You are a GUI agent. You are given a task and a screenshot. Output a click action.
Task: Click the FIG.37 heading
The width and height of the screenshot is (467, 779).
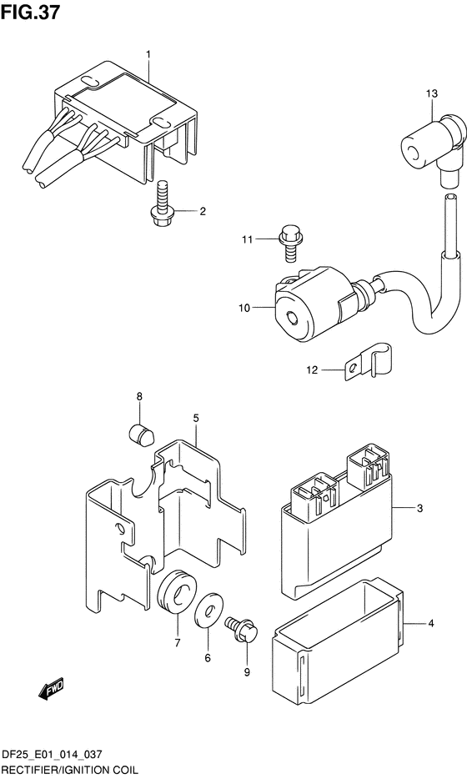click(x=30, y=12)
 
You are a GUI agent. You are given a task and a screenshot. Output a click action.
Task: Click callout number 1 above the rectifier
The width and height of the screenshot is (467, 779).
click(x=148, y=53)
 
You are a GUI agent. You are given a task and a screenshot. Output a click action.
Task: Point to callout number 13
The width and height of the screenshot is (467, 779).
click(x=431, y=93)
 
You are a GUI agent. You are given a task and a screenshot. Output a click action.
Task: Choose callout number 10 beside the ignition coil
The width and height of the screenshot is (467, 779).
click(x=244, y=308)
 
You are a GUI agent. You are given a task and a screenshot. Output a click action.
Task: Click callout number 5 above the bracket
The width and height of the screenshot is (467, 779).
click(x=196, y=419)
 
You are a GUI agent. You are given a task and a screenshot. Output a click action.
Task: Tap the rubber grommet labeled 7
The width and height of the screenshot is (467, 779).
click(x=178, y=595)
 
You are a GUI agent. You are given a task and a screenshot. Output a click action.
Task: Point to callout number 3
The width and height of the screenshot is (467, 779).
click(x=419, y=508)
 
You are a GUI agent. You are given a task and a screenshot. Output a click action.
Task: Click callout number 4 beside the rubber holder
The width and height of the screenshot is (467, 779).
click(x=431, y=623)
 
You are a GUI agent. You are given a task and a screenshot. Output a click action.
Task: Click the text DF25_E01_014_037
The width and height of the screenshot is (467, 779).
click(x=52, y=755)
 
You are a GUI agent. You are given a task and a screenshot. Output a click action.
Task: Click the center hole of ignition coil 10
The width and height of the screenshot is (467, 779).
click(x=292, y=317)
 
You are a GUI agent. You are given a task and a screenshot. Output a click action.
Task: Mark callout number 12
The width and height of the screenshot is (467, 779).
click(x=312, y=370)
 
